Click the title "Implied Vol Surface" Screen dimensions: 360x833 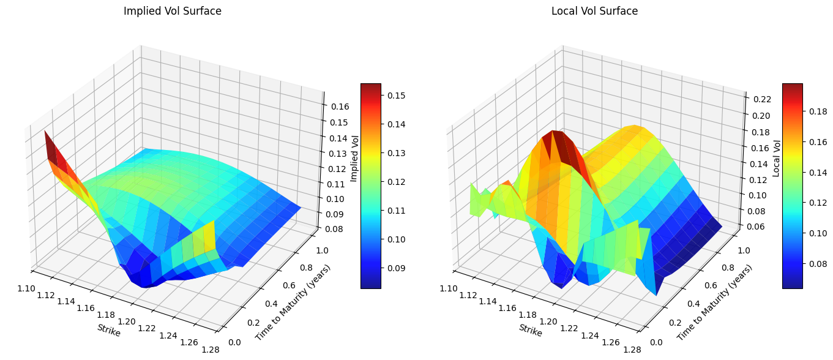click(x=173, y=11)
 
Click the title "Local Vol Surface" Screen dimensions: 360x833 click(x=594, y=11)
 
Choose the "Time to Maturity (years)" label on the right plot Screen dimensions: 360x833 click(x=714, y=302)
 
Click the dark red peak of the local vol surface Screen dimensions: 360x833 click(x=557, y=142)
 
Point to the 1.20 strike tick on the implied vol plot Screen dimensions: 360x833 click(x=127, y=322)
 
